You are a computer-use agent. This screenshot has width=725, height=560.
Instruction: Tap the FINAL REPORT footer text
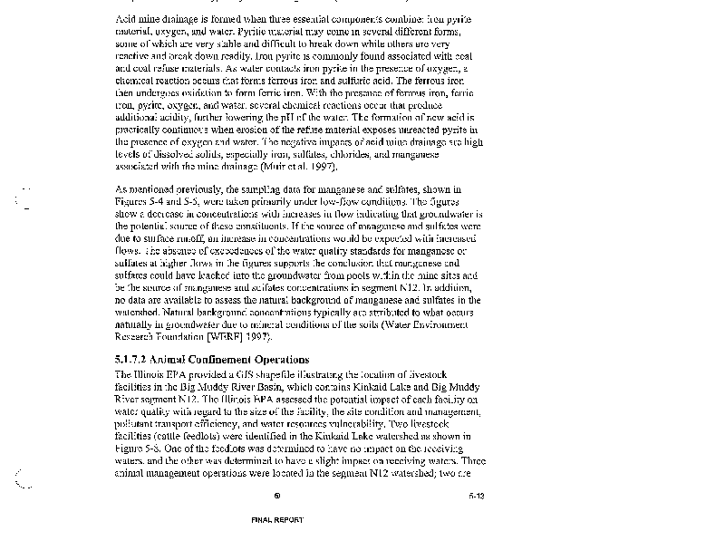coord(277,520)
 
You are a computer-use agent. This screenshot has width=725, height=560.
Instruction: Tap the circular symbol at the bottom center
coord(277,496)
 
